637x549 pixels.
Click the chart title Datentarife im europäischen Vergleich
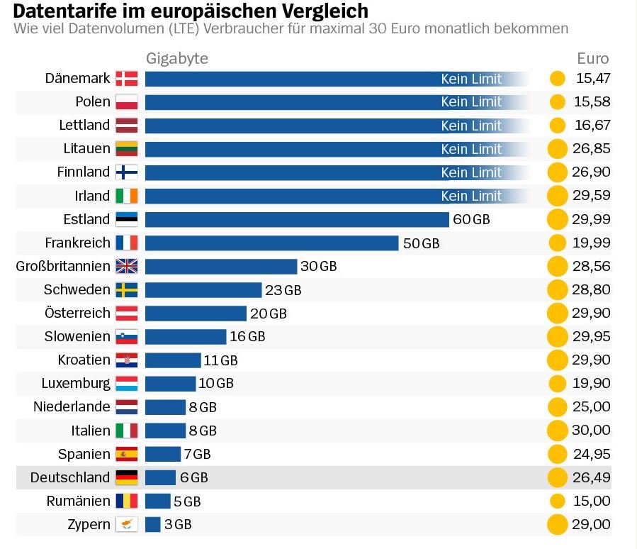pyautogui.click(x=191, y=11)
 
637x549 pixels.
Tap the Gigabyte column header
pyautogui.click(x=177, y=59)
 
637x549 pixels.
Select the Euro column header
pyautogui.click(x=592, y=59)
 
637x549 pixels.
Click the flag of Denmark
pyautogui.click(x=127, y=79)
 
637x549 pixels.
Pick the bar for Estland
pyautogui.click(x=297, y=219)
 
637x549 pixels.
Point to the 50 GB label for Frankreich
pyautogui.click(x=421, y=243)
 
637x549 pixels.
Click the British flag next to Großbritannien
pyautogui.click(x=127, y=266)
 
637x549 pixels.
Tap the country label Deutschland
pyautogui.click(x=70, y=477)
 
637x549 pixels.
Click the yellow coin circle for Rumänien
pyautogui.click(x=558, y=501)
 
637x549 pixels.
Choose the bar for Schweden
pyautogui.click(x=203, y=289)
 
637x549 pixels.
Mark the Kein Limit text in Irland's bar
pyautogui.click(x=471, y=196)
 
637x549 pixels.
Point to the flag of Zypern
pyautogui.click(x=127, y=524)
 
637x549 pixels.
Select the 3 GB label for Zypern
pyautogui.click(x=178, y=524)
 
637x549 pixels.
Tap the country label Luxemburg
pyautogui.click(x=76, y=384)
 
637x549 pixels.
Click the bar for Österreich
pyautogui.click(x=196, y=314)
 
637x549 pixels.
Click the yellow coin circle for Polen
pyautogui.click(x=558, y=102)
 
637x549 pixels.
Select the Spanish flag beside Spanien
pyautogui.click(x=127, y=454)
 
